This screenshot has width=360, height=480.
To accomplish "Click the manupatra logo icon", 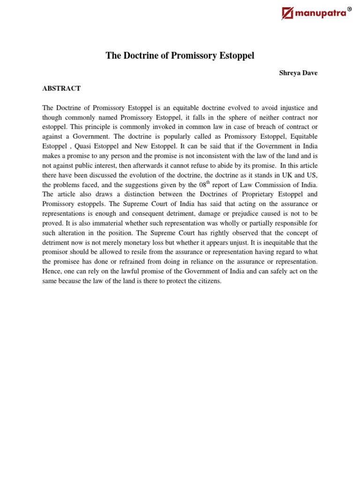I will point(287,14).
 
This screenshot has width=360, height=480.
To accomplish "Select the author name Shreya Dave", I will point(299,73).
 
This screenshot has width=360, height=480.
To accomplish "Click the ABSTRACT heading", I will point(61,88).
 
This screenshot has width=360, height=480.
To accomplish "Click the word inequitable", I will point(266,242).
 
